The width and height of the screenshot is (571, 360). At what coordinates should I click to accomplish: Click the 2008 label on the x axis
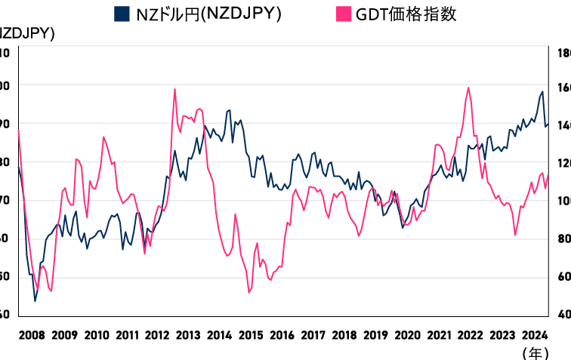31,334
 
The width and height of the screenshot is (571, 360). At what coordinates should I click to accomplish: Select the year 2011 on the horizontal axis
126,334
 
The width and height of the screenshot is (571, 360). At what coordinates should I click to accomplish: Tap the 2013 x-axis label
188,334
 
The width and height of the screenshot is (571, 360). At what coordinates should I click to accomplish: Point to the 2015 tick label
251,334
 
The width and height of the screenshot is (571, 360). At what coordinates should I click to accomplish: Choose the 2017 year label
313,334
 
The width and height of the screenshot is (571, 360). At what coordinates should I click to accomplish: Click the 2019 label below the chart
375,334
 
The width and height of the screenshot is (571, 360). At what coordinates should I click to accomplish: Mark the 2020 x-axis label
407,334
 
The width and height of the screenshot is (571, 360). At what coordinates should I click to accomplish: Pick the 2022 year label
470,334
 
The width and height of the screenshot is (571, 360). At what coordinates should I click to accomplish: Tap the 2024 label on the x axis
532,334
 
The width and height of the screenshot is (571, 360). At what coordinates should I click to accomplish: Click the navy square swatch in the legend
121,14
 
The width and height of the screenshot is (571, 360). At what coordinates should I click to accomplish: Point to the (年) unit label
534,352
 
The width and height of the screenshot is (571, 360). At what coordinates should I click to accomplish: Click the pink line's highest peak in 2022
468,88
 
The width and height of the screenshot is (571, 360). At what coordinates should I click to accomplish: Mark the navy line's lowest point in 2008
35,301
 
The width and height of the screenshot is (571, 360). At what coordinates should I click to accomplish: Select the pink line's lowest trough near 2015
249,292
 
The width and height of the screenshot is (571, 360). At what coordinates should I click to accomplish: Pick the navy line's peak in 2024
542,92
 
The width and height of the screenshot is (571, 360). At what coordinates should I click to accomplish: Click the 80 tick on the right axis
563,238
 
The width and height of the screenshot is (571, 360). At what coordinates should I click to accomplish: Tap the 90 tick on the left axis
5,123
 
